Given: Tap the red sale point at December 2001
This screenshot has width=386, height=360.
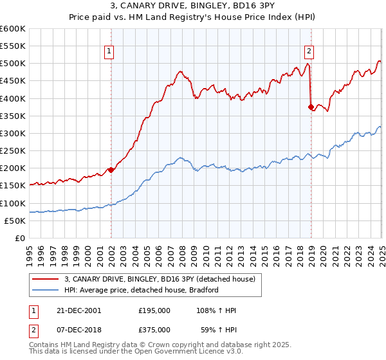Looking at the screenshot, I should (111, 170).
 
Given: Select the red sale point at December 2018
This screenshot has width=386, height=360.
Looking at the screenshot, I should (311, 107).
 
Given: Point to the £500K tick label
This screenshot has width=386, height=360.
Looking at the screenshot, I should (13, 64).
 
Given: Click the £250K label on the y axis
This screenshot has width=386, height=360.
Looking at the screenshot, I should (13, 151).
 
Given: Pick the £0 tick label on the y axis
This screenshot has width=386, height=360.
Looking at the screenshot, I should (21, 239).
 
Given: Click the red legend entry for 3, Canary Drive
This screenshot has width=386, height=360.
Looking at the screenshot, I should (160, 279).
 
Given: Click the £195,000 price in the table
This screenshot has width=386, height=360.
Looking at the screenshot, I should (154, 310).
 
